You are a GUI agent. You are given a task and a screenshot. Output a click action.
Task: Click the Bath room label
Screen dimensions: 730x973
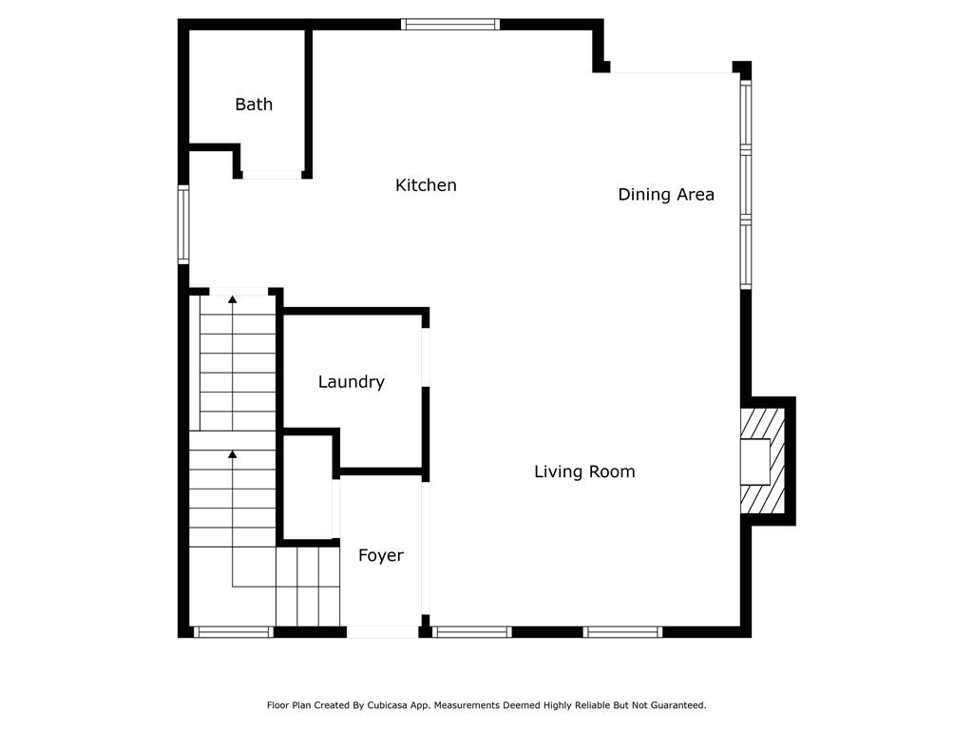tap(254, 105)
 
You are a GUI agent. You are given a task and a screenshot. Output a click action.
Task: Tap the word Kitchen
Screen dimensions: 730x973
tap(426, 185)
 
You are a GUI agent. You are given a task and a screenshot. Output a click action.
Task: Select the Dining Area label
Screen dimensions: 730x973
tap(666, 195)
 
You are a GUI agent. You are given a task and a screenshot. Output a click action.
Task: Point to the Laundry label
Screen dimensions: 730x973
tap(351, 382)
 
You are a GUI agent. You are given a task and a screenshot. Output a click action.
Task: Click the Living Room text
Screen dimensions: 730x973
tap(584, 471)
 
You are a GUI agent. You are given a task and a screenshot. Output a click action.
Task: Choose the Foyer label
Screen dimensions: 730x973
tap(381, 556)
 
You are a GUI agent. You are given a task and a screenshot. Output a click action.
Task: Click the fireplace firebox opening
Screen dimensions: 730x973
tap(754, 462)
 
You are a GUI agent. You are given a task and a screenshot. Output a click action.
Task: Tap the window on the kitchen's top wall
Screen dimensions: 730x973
tap(450, 25)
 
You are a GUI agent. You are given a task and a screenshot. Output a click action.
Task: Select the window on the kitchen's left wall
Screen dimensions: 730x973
tap(183, 224)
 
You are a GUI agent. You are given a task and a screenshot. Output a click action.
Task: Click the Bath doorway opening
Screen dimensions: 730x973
tap(272, 175)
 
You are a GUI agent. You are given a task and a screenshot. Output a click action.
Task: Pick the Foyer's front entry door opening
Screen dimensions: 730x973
tap(382, 631)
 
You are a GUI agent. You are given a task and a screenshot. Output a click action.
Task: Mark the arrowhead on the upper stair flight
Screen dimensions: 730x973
tap(233, 299)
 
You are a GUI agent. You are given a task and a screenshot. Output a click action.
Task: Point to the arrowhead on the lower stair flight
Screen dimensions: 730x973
tap(233, 454)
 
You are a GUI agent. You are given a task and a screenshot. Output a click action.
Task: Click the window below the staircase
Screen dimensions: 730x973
tap(233, 631)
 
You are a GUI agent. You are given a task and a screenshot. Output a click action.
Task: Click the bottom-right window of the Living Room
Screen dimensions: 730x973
tap(622, 631)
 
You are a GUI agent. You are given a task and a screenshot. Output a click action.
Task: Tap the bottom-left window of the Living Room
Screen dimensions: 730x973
tap(472, 631)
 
